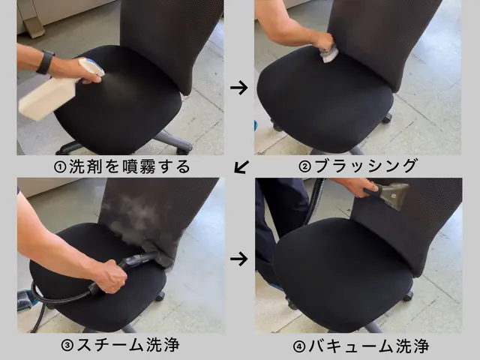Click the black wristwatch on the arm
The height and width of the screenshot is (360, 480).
tap(46, 62)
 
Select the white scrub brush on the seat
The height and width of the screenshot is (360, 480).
tap(328, 54)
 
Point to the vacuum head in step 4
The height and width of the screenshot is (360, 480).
tap(393, 195)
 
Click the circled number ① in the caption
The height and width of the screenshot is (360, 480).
tap(60, 167)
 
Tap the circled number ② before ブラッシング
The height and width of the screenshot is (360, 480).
tap(304, 167)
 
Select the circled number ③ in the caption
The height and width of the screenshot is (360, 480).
tap(67, 346)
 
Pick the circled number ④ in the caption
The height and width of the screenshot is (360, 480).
tap(299, 346)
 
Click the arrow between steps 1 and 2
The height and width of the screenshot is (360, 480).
tap(239, 88)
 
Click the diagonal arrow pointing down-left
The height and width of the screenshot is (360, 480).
tap(241, 166)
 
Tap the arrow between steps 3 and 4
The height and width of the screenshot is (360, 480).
tap(239, 259)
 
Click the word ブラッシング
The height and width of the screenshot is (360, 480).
tap(365, 166)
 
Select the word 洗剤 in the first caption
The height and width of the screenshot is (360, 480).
tap(85, 166)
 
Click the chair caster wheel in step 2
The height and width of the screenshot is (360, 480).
tap(387, 118)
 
